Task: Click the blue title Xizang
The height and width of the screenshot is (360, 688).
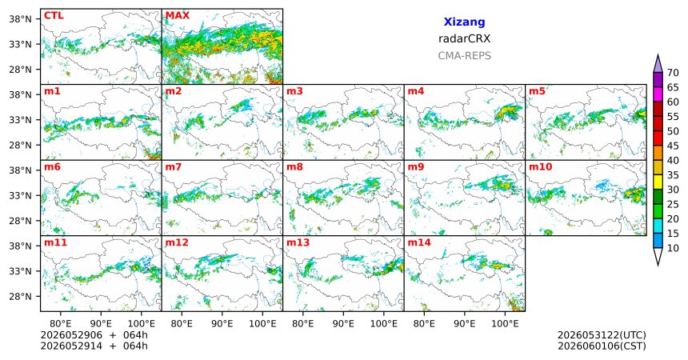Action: point(464,22)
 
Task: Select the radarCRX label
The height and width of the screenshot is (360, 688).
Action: point(464,38)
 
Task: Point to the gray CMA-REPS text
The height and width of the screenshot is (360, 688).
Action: point(464,56)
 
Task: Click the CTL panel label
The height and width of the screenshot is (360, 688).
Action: point(54,16)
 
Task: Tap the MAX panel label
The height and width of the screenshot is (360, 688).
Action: point(178,16)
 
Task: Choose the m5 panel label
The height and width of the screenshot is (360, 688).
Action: point(537,91)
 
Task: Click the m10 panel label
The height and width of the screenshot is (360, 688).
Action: point(540,167)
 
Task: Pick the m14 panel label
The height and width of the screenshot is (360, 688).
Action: point(419,242)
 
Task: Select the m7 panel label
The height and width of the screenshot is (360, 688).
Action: point(174,167)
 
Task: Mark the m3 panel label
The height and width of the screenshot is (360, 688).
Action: point(294,91)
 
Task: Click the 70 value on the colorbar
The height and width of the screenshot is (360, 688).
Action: point(673,73)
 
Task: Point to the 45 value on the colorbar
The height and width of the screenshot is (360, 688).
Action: point(673,146)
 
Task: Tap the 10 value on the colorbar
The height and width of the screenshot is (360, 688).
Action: point(673,249)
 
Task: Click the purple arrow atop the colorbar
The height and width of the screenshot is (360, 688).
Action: point(658,64)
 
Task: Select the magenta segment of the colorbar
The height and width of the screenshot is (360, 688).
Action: point(658,94)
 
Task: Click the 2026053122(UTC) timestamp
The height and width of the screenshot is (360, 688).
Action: point(602,335)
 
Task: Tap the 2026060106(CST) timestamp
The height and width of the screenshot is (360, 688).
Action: point(602,346)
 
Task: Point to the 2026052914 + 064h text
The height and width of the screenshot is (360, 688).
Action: point(94,346)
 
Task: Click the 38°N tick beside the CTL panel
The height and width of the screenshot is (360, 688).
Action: point(21,19)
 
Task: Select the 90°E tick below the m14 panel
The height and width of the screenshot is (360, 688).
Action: point(464,324)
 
